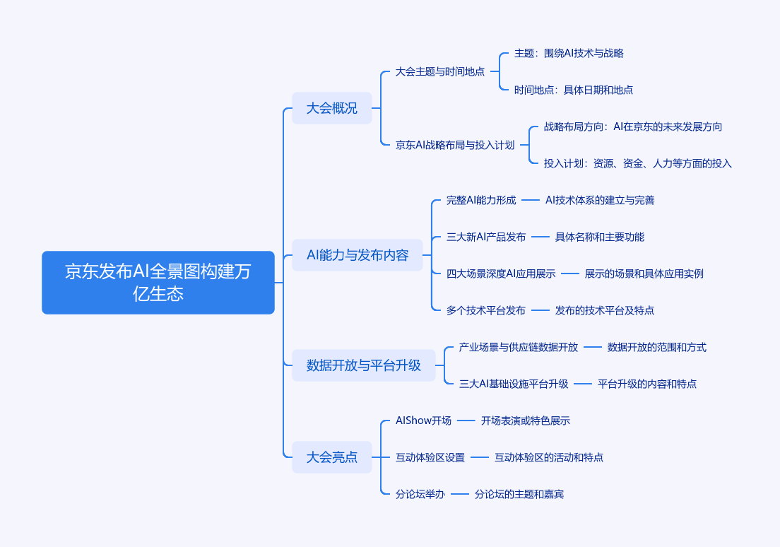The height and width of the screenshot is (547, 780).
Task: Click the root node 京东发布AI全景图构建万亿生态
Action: click(158, 282)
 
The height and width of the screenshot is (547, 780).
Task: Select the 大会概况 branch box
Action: click(332, 108)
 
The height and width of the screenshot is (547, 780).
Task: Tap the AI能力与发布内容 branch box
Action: click(357, 255)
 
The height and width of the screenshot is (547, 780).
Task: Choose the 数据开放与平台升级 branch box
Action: click(364, 365)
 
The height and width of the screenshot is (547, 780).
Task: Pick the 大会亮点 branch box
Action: click(332, 457)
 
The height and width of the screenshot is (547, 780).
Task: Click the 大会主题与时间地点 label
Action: click(439, 71)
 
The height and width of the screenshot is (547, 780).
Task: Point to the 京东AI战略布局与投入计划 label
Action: click(455, 145)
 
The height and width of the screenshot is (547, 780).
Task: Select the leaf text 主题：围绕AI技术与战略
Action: click(569, 53)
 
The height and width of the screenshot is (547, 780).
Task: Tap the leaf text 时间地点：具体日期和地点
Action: click(574, 90)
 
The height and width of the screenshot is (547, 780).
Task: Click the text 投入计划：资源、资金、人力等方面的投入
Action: click(638, 163)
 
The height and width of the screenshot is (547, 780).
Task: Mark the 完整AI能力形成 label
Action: click(481, 200)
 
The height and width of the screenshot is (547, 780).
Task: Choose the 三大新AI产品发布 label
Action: click(486, 237)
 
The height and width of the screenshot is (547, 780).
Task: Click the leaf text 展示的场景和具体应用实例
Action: click(644, 273)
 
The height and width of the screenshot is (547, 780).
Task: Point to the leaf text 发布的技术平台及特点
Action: click(604, 310)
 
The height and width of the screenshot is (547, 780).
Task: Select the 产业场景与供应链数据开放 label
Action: click(519, 347)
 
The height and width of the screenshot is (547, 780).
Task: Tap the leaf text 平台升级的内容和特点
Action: click(646, 384)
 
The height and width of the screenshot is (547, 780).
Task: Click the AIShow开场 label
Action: click(423, 420)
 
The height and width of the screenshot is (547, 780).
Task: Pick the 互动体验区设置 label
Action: click(430, 457)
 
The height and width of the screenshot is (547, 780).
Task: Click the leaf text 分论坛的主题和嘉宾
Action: click(519, 494)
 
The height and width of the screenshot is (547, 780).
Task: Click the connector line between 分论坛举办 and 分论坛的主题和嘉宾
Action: click(460, 494)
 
